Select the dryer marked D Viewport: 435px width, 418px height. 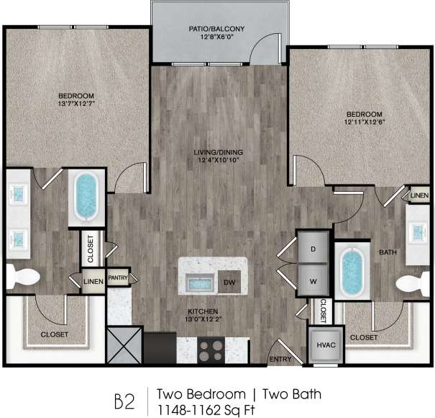pyautogui.click(x=313, y=248)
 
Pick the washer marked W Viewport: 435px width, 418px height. pyautogui.click(x=313, y=277)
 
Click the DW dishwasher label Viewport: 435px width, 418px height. pyautogui.click(x=229, y=281)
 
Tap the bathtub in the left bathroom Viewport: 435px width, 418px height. pyautogui.click(x=87, y=195)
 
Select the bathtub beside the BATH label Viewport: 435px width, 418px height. pyautogui.click(x=352, y=272)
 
